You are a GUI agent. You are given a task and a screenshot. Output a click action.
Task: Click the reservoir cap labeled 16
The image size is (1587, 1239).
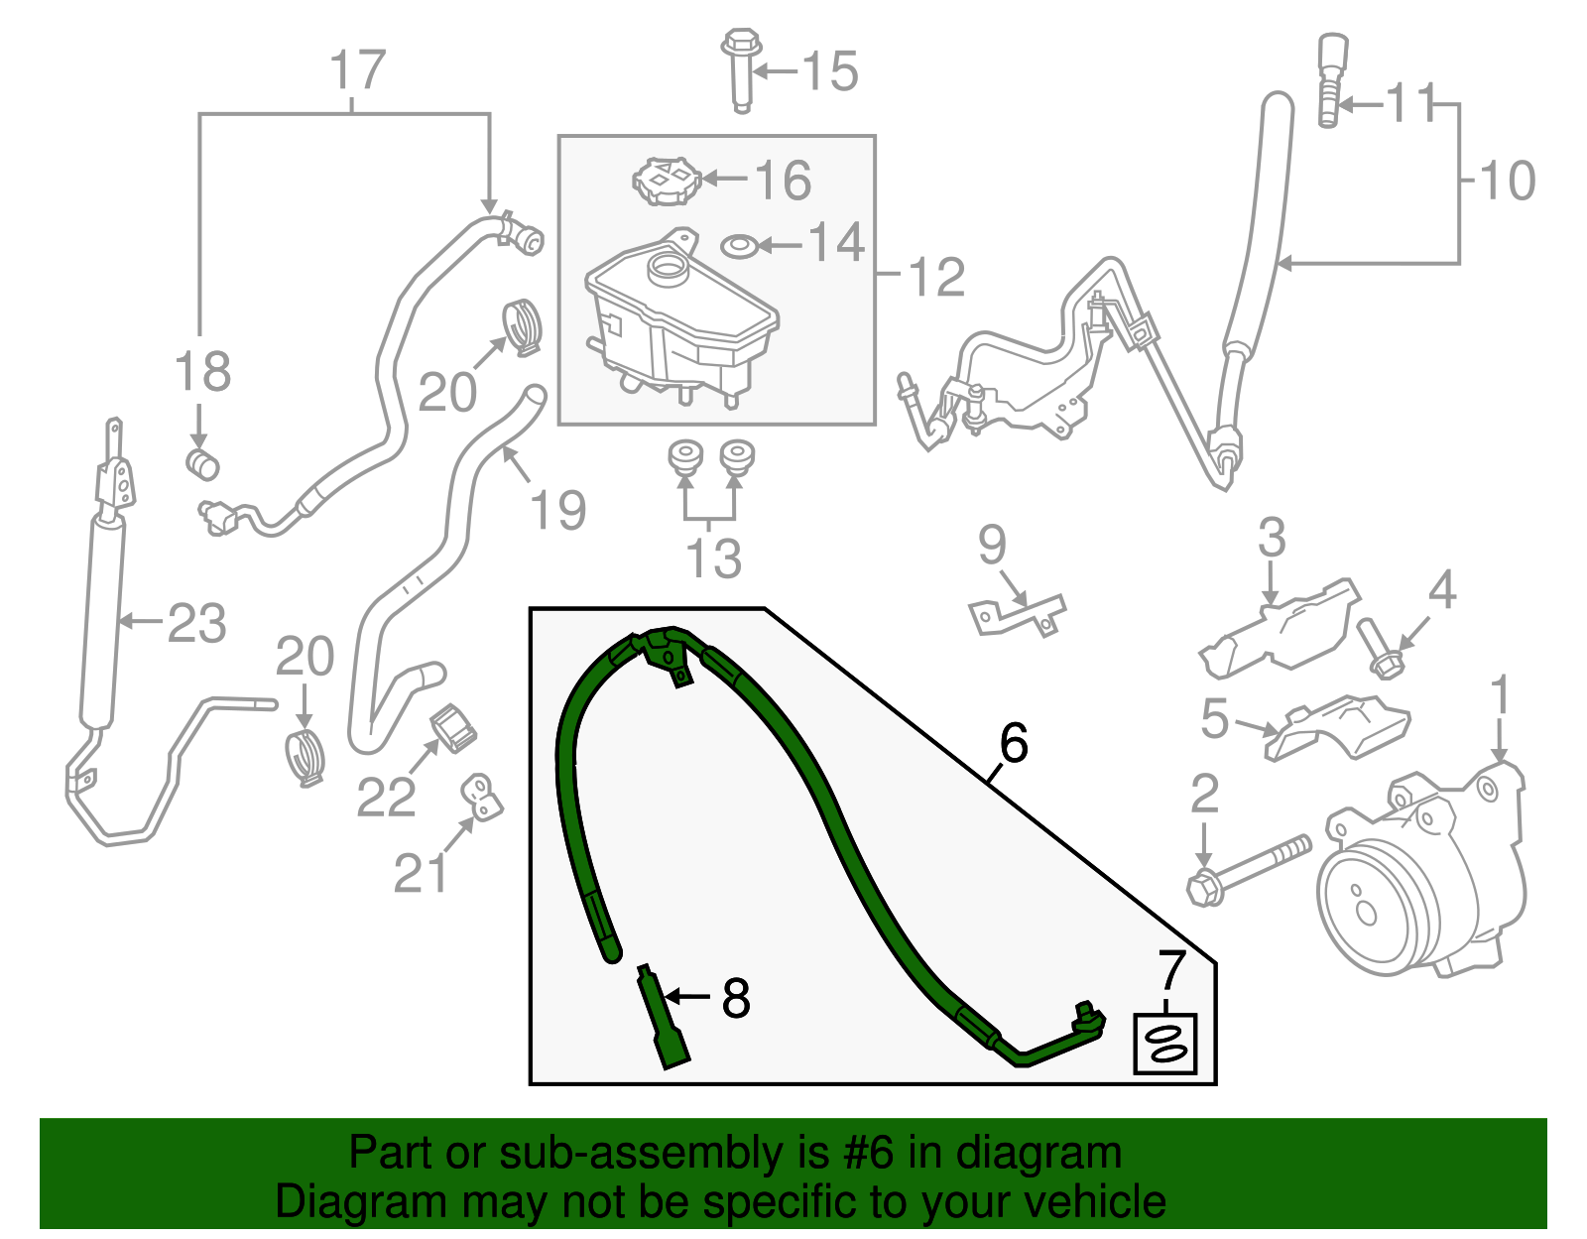(x=667, y=181)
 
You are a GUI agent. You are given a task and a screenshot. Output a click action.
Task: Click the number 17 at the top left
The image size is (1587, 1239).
(x=357, y=71)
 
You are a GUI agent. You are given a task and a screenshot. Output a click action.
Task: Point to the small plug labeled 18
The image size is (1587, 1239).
(x=202, y=462)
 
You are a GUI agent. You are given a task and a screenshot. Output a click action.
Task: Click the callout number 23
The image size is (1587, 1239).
(x=196, y=624)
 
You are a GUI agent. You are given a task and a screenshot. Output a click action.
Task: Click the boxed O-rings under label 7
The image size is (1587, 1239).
(x=1165, y=1044)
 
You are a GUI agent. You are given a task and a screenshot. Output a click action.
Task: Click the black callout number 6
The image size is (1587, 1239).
(x=1014, y=743)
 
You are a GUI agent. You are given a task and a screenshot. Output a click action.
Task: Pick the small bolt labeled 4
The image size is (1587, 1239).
(x=1379, y=650)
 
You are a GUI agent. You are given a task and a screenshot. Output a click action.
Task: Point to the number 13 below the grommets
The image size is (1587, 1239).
(x=713, y=558)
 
